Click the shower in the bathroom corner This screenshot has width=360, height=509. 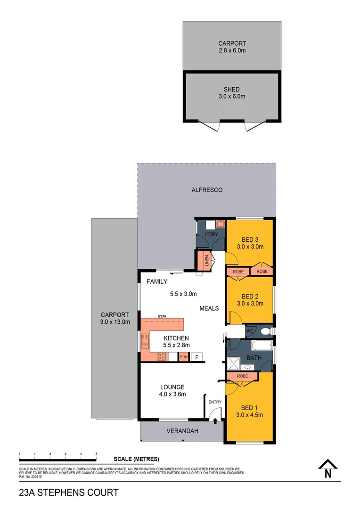tap(233, 363)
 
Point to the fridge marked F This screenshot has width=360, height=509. tap(197, 356)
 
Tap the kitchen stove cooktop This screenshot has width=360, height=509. tap(161, 356)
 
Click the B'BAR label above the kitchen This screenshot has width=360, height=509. tap(163, 316)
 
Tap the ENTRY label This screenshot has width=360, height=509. tap(215, 402)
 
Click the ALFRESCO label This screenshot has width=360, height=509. tap(207, 190)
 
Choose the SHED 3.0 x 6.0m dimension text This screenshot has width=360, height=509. tap(232, 96)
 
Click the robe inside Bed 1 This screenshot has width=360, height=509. tap(242, 376)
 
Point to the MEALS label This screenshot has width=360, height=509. tap(209, 308)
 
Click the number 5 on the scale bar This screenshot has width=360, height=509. tap(96, 453)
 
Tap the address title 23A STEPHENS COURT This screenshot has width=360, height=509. tap(68, 493)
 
